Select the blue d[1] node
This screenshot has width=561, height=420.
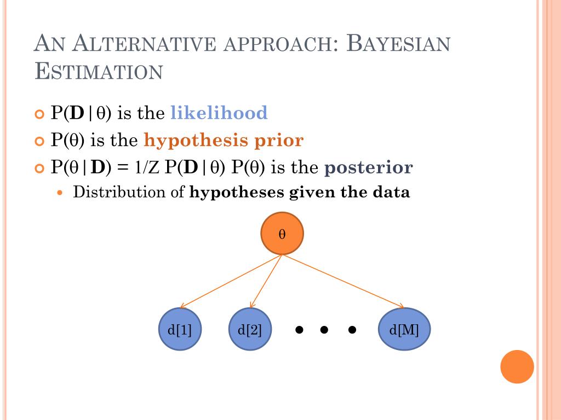click(x=180, y=330)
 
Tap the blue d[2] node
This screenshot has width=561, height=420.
click(x=250, y=330)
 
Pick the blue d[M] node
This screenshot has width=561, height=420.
click(x=404, y=330)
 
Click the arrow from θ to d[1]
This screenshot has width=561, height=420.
click(x=231, y=281)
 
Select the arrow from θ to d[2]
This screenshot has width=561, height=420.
click(x=266, y=281)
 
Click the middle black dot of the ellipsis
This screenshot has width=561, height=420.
click(x=324, y=330)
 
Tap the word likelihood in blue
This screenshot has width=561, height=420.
click(x=219, y=113)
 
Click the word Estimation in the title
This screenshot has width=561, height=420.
click(x=99, y=72)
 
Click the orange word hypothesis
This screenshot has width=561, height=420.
click(x=195, y=141)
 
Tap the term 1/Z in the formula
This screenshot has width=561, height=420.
click(x=147, y=167)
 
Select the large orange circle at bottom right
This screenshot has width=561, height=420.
click(x=517, y=366)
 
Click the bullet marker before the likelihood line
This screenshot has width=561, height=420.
click(x=38, y=114)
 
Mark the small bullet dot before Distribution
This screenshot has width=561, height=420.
click(x=61, y=193)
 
